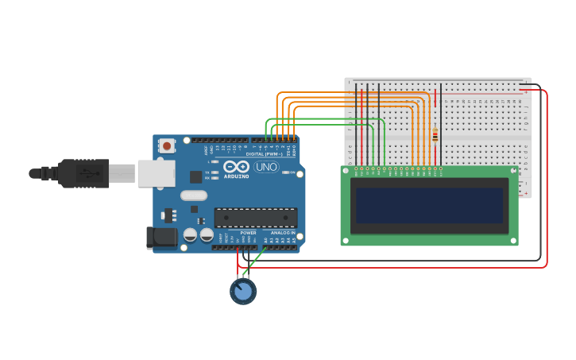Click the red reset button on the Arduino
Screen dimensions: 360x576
pyautogui.click(x=167, y=146)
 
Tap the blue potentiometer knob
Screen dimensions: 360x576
pyautogui.click(x=243, y=292)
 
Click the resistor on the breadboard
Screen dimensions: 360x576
pyautogui.click(x=435, y=136)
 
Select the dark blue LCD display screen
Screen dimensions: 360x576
pyautogui.click(x=429, y=206)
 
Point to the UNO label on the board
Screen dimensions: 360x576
pyautogui.click(x=265, y=168)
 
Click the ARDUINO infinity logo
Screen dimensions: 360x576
pyautogui.click(x=236, y=168)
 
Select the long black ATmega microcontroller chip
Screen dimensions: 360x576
pyautogui.click(x=256, y=217)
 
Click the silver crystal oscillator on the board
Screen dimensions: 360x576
pyautogui.click(x=194, y=195)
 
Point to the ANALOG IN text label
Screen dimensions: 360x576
pyautogui.click(x=282, y=233)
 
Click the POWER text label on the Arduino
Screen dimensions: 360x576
pyautogui.click(x=248, y=233)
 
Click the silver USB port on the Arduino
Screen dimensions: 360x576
pyautogui.click(x=156, y=173)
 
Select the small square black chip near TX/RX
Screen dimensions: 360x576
pyautogui.click(x=195, y=176)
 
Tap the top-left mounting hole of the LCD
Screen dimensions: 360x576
pyautogui.click(x=346, y=170)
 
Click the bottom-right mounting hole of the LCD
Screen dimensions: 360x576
pyautogui.click(x=513, y=240)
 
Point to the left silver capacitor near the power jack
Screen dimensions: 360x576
pyautogui.click(x=191, y=234)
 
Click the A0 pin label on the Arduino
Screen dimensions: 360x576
pyautogui.click(x=265, y=240)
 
